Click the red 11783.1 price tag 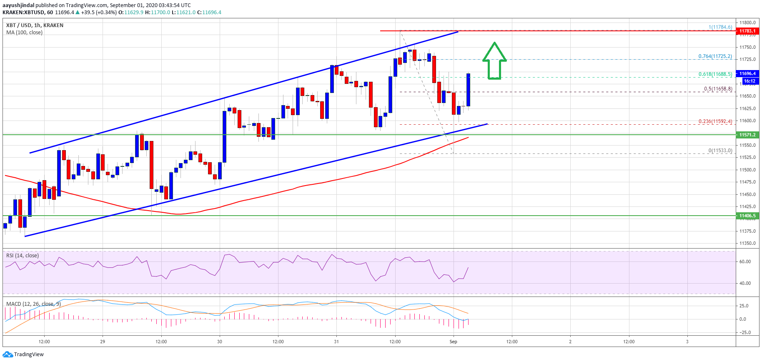[x=747, y=31]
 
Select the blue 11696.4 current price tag [x=748, y=73]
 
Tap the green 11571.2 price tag [x=747, y=135]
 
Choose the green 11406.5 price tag [x=747, y=216]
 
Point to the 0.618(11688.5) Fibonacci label [x=715, y=74]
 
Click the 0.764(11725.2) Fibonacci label [x=715, y=56]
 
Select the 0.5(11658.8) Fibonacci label [x=718, y=89]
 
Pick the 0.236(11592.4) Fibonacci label [x=715, y=121]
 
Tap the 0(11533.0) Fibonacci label [x=720, y=151]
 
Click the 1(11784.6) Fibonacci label [x=720, y=27]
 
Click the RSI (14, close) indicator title [x=23, y=256]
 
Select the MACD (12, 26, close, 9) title [x=33, y=304]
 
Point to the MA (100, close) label [x=24, y=33]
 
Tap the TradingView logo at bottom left [x=23, y=354]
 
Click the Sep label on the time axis [x=453, y=342]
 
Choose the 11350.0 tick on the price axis [x=748, y=243]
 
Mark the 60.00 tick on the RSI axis [x=745, y=262]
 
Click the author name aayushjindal [x=18, y=5]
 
